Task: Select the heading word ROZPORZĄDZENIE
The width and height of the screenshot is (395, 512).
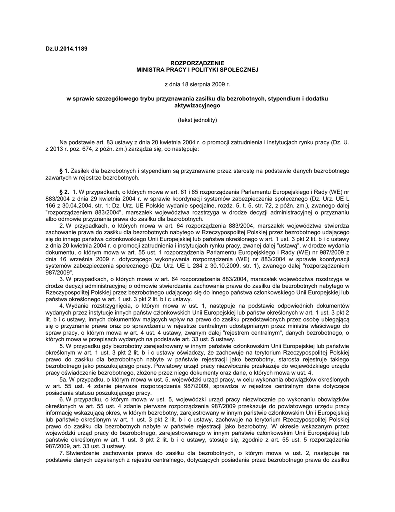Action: (x=197, y=64)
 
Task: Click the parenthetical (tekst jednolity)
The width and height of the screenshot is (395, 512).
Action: (x=197, y=120)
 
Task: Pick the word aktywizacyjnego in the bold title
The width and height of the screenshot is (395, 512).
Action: (x=197, y=106)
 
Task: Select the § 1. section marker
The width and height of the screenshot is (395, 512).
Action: (x=64, y=171)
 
